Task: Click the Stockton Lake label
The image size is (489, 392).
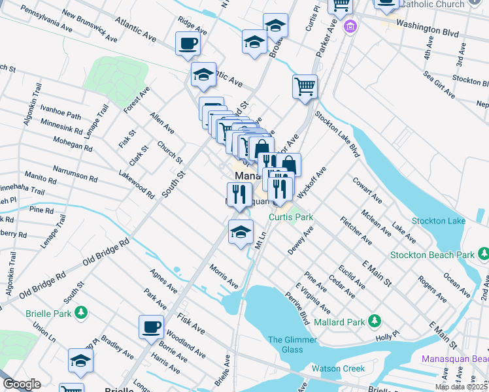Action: coord(439,221)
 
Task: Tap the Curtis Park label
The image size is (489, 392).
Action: coord(291,217)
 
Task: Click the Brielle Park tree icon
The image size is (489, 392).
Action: coord(80,313)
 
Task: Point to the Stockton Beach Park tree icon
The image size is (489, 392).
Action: coord(482,253)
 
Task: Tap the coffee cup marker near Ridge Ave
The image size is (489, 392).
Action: coord(188,45)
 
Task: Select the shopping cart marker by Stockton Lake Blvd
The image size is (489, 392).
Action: coord(305,88)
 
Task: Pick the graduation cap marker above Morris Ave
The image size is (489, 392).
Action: coord(241,232)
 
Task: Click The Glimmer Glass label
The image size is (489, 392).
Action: coord(292,344)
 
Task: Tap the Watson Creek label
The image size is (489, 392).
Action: coord(339,368)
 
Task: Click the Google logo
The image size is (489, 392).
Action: coord(22,384)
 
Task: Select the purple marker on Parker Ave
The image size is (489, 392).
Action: coord(350,28)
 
